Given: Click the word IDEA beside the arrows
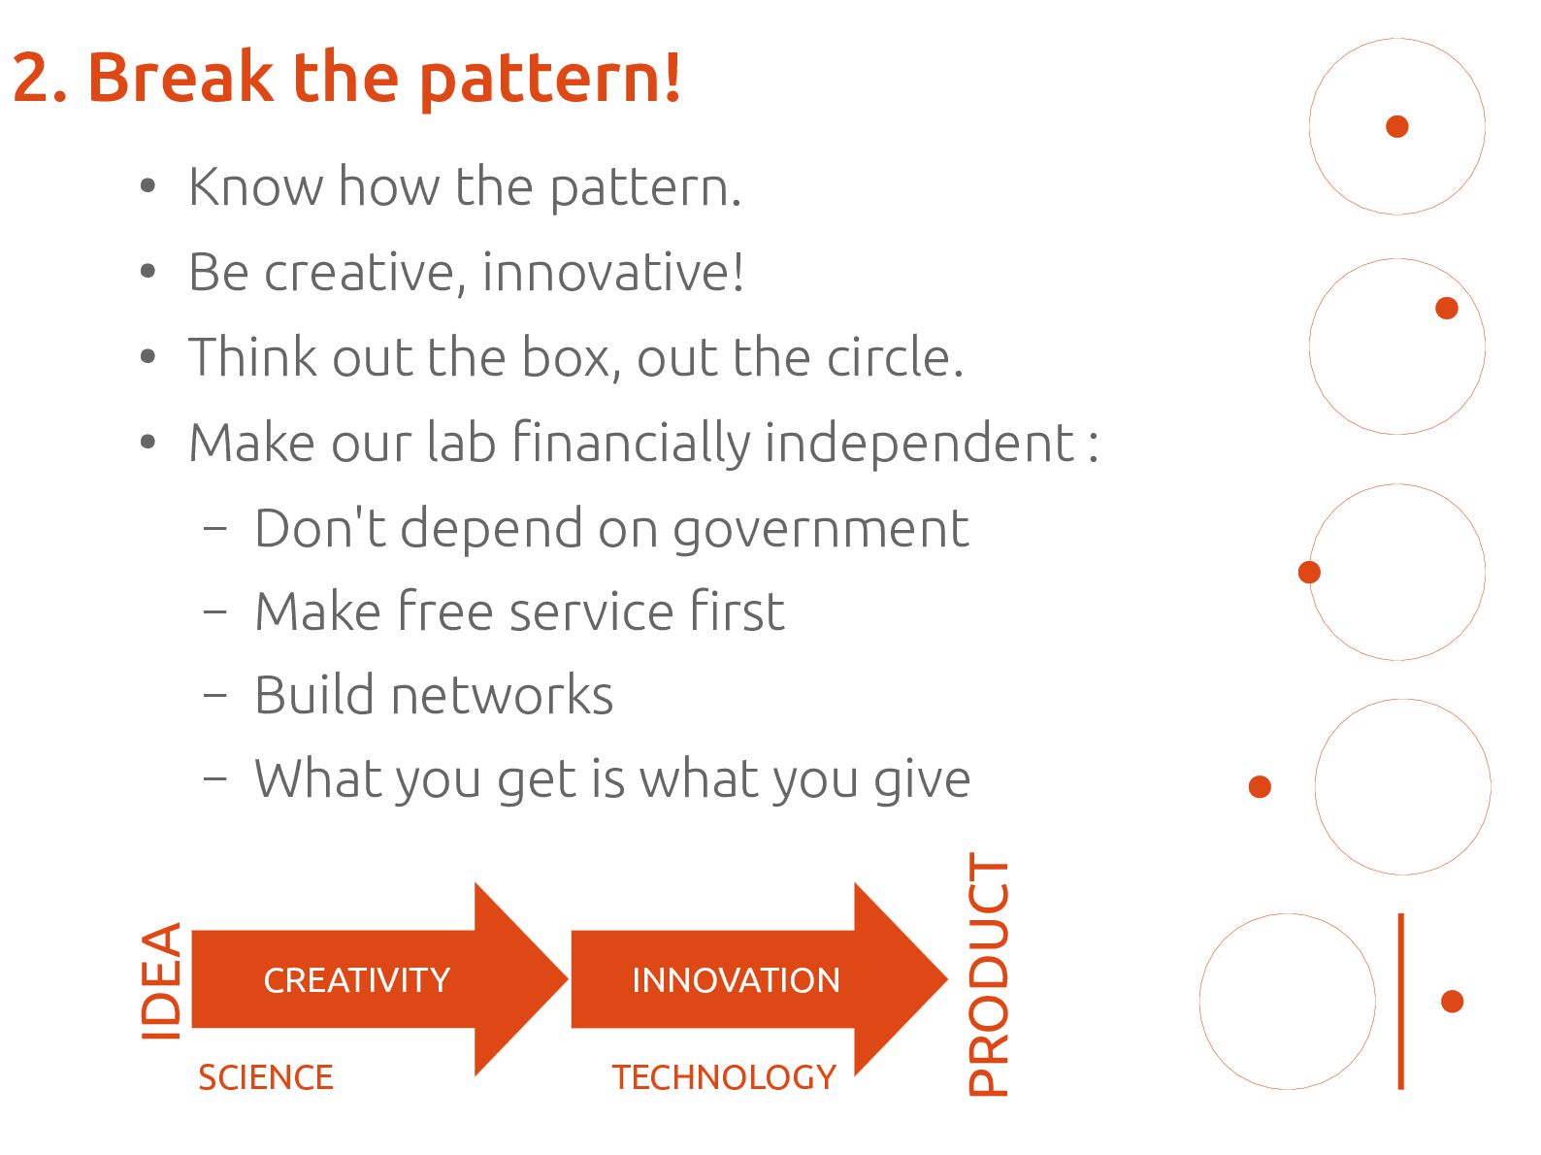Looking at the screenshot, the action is click(161, 980).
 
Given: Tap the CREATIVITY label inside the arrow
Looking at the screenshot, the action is click(357, 980).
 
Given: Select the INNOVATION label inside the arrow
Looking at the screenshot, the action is click(736, 980).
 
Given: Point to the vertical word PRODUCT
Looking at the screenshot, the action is click(988, 973).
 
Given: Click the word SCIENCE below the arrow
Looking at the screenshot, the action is click(265, 1077).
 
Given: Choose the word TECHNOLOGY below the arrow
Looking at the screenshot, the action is click(724, 1077).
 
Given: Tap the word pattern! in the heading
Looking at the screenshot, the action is click(549, 81).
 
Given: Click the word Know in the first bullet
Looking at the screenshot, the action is click(255, 186).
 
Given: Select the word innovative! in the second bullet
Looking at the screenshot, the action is click(613, 272).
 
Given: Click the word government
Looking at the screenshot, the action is click(821, 530).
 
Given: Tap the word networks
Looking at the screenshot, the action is click(502, 694).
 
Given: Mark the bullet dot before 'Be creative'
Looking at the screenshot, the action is click(148, 271).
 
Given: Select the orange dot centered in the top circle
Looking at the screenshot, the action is click(1397, 126).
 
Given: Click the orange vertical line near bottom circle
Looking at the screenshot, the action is click(1400, 1002).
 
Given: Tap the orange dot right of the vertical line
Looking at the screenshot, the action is click(1452, 1002).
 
